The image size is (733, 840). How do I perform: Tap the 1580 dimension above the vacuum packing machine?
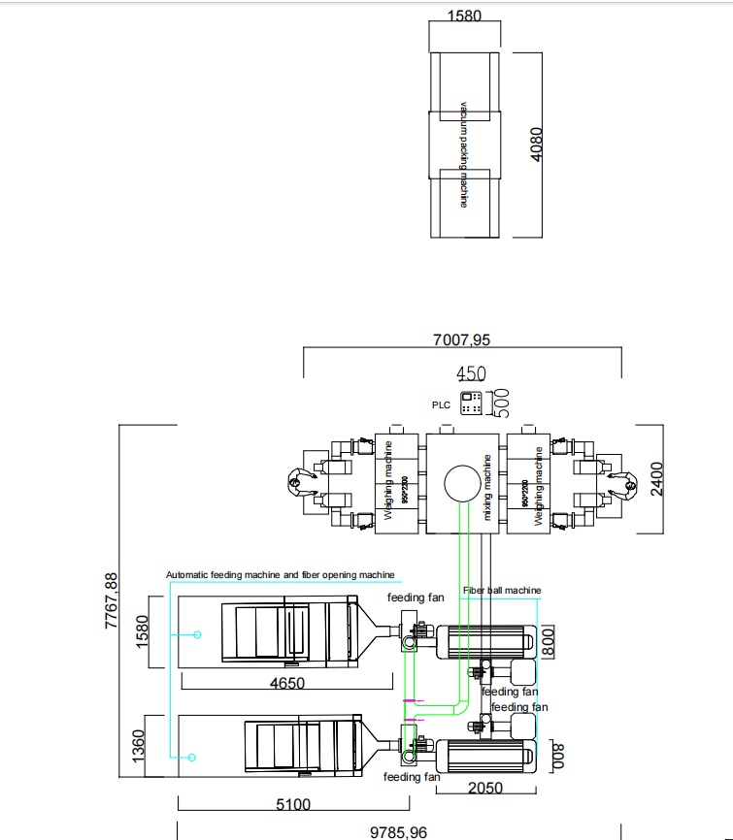[x=464, y=16]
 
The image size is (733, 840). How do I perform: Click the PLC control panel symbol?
[x=474, y=404]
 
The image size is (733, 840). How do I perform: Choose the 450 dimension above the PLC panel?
[x=472, y=373]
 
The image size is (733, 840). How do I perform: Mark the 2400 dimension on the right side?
[x=658, y=478]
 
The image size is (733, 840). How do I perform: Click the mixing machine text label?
[x=488, y=486]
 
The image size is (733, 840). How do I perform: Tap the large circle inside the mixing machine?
[x=464, y=482]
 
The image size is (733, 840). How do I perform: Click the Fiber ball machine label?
[x=502, y=590]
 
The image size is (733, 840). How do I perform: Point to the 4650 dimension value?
[x=286, y=683]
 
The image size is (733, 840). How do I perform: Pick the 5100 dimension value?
[x=292, y=804]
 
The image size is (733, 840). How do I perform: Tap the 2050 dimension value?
[x=485, y=788]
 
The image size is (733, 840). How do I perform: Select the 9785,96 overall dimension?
[x=399, y=831]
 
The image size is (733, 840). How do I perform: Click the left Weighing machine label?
[x=387, y=482]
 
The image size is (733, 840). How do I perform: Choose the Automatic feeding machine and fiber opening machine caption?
[x=281, y=574]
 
